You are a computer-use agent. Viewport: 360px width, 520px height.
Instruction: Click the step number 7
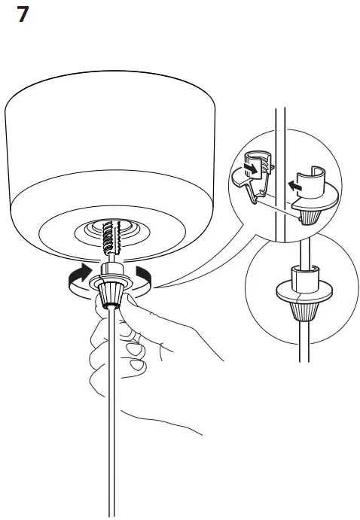pos(22,15)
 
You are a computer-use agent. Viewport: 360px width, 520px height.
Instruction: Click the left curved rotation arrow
pos(78,277)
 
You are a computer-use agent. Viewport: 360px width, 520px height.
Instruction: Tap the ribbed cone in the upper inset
pos(310,217)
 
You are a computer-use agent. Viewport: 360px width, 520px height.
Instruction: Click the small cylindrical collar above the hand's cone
pos(109,269)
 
